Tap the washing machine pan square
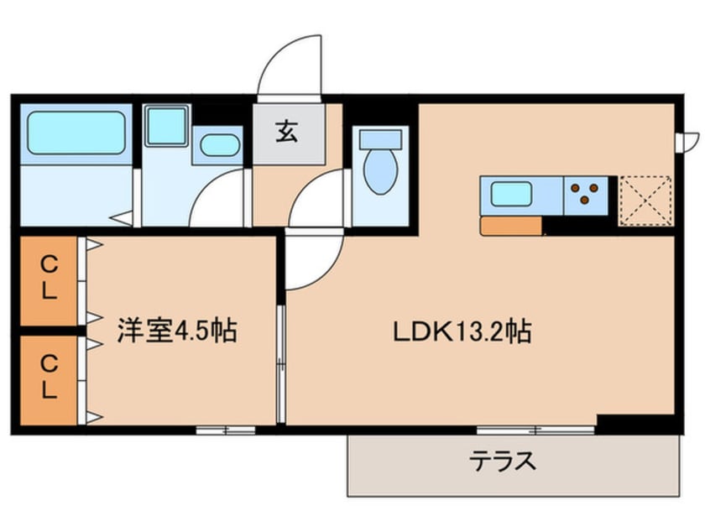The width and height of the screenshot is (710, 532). click(166, 126)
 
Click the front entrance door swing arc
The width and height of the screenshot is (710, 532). click(289, 63)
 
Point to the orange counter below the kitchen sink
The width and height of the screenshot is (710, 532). click(510, 226)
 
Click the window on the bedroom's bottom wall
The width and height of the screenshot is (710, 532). click(226, 430)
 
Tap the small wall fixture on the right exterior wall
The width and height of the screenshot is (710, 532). click(689, 139)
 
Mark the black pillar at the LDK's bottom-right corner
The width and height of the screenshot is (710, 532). click(638, 423)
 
